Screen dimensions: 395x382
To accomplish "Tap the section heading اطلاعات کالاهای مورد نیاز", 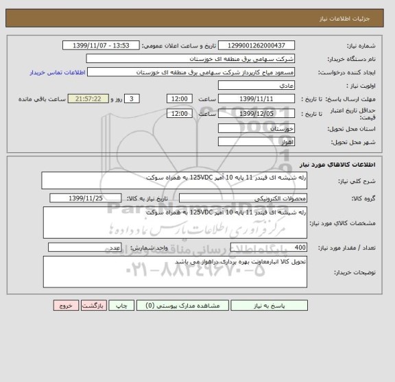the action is point(347,165).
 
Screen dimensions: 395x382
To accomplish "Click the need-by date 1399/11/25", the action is point(86,199).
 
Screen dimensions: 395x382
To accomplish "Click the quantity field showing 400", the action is point(269,248).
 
